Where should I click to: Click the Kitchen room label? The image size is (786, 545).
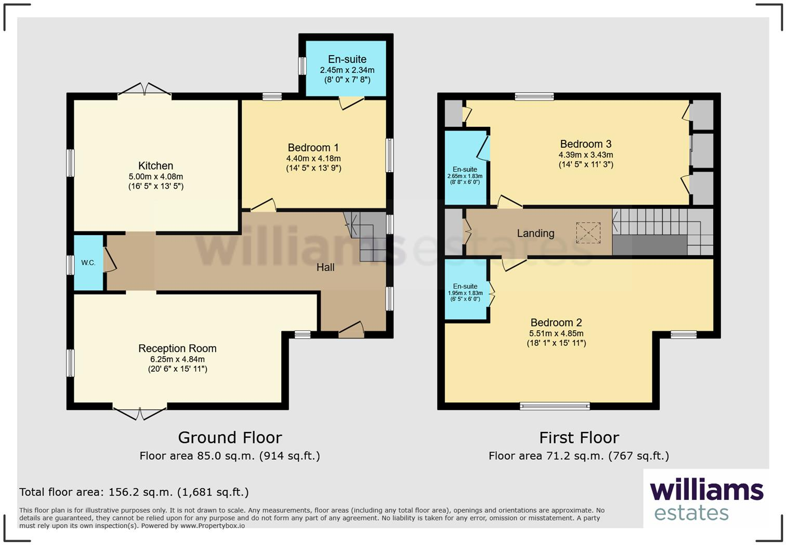[155, 166]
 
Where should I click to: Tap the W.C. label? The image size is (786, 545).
[88, 263]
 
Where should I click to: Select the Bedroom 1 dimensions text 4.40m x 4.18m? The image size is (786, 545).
[313, 159]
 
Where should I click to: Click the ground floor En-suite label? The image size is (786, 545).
[347, 59]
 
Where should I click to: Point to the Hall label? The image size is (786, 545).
[325, 267]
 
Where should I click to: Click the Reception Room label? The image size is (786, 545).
[177, 348]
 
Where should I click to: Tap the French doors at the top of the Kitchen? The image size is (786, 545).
[145, 90]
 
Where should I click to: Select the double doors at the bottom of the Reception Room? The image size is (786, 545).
[140, 413]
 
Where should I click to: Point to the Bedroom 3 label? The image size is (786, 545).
[585, 144]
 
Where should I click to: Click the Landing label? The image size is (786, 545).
[535, 233]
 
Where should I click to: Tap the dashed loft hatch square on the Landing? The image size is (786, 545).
[588, 232]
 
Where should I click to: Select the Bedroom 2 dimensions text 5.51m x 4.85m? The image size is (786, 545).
[556, 334]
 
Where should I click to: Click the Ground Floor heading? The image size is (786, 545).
[230, 437]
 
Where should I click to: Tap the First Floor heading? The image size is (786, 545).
[579, 437]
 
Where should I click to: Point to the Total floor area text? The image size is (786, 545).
[134, 492]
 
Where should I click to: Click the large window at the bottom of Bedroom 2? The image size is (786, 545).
[555, 406]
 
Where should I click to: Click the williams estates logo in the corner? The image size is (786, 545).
[706, 500]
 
